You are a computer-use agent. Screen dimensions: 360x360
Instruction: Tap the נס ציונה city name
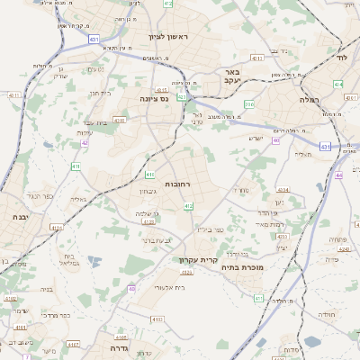point(154,99)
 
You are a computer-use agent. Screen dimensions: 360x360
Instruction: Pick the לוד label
point(341,57)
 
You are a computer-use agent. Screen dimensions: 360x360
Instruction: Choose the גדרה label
point(118,348)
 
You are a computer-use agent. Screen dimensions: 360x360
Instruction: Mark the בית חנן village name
point(99,93)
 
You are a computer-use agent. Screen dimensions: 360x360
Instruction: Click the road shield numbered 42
point(85,142)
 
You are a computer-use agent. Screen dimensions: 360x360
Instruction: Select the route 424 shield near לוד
point(337,84)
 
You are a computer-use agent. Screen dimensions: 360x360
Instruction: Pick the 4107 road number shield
point(74,344)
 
